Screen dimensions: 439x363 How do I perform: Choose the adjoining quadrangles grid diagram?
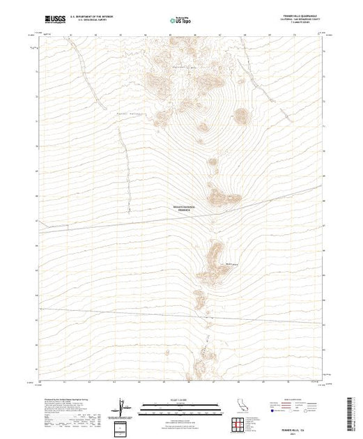[x=238, y=422]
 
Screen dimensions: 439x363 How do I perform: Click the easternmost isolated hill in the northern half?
[x=241, y=116]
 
